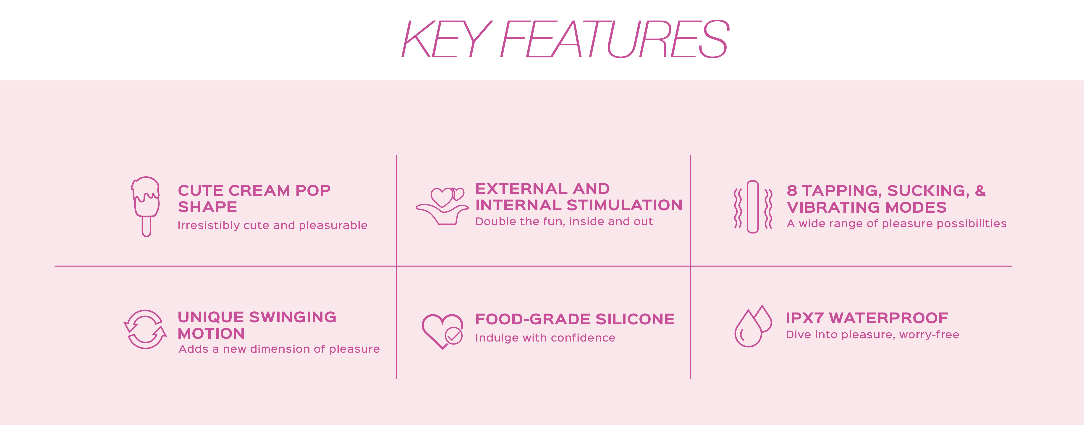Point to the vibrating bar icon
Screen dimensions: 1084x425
(753, 207)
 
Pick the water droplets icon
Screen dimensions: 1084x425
(753, 326)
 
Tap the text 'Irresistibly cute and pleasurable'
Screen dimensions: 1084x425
(272, 226)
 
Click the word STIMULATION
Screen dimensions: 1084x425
(624, 205)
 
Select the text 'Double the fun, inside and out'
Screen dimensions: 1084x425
(564, 221)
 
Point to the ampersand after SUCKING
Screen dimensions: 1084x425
(980, 191)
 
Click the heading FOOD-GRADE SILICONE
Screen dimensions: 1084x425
(575, 319)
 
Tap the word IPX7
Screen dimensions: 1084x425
(805, 318)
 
